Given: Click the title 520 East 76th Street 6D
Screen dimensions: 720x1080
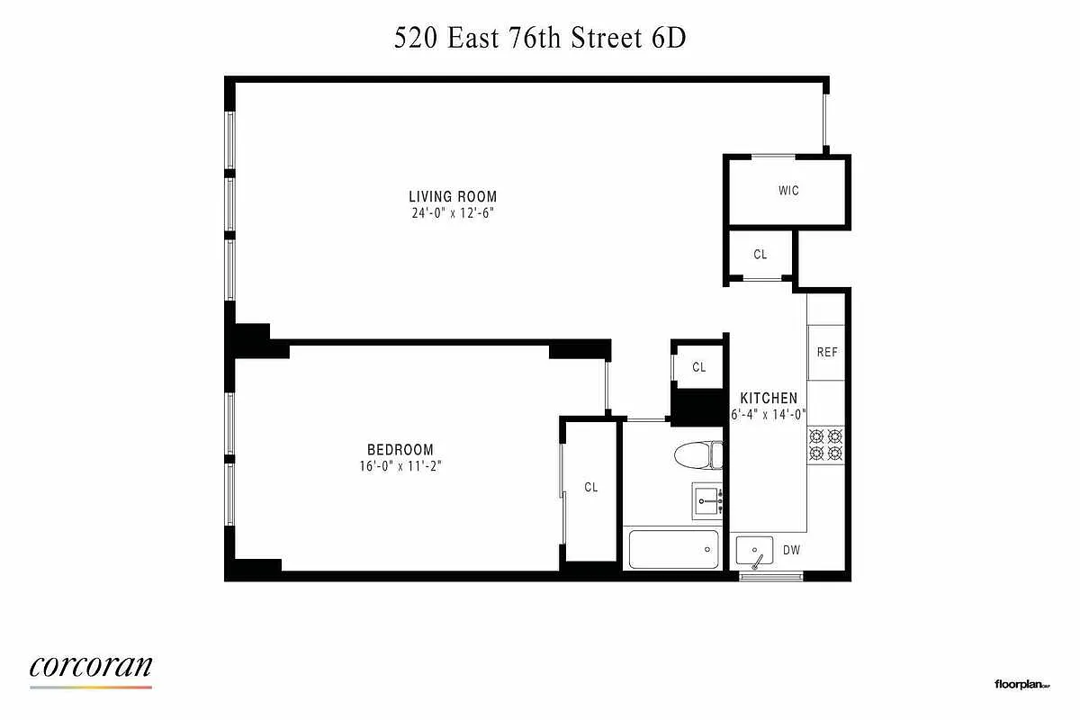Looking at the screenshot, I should [540, 40].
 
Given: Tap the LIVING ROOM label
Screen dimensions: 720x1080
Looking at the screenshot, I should [453, 197].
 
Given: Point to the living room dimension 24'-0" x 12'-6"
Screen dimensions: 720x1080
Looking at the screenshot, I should [453, 214].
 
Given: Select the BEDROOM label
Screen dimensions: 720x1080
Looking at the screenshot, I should [400, 450].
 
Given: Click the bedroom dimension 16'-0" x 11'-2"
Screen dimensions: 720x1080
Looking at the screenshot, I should [400, 466].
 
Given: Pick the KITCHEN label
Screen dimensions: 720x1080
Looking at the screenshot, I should [769, 398].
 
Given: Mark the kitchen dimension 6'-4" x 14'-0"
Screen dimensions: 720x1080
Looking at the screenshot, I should [769, 415].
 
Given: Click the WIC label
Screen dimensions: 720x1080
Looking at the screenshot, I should [788, 191].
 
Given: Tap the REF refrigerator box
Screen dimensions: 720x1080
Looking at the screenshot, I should [827, 352].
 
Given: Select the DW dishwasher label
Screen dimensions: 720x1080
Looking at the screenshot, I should [791, 550].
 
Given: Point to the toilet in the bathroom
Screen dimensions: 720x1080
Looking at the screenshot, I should [698, 454].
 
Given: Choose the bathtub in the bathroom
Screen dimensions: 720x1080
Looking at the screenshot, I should [673, 549].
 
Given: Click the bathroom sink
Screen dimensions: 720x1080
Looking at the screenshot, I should [707, 499].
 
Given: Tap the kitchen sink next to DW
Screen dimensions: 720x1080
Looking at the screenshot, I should [754, 549].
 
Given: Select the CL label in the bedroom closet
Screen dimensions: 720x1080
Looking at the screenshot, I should [590, 488].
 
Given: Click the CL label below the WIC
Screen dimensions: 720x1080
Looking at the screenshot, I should [760, 255].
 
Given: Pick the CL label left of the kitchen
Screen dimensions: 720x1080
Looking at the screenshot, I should [699, 367].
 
